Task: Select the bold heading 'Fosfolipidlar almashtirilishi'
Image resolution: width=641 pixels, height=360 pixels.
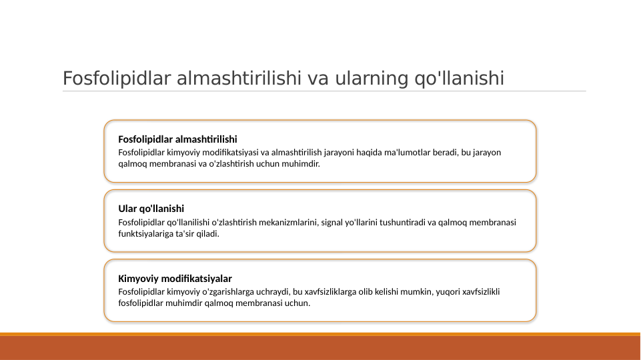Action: pyautogui.click(x=177, y=139)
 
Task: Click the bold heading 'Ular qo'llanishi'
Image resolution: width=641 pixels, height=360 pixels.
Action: pyautogui.click(x=151, y=209)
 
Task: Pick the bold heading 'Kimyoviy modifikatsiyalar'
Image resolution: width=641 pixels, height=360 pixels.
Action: pyautogui.click(x=175, y=278)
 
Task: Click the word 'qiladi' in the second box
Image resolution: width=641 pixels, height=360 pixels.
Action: pyautogui.click(x=208, y=234)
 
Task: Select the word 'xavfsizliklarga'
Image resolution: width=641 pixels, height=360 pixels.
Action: pyautogui.click(x=334, y=291)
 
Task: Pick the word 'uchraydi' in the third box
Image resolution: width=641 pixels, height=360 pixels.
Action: pyautogui.click(x=274, y=291)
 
